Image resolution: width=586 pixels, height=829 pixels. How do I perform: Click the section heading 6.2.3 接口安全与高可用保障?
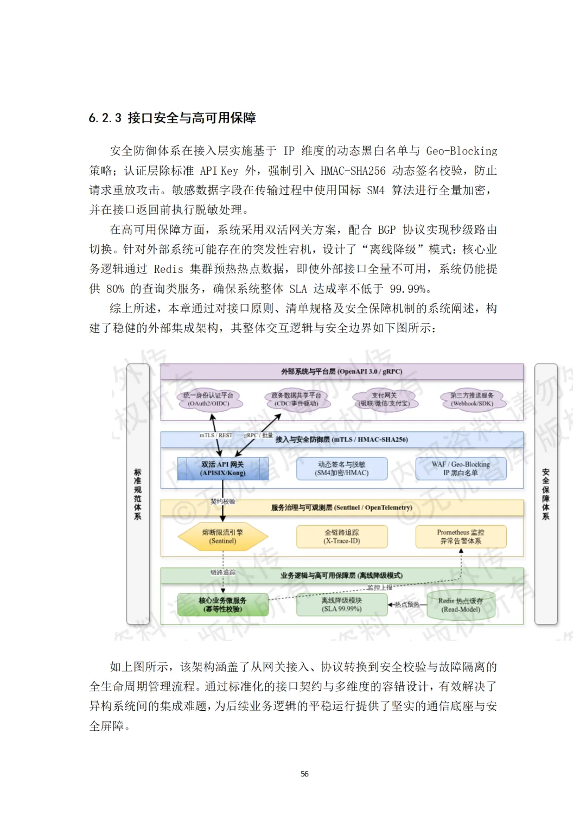(172, 118)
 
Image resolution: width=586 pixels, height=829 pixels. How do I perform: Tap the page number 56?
(304, 774)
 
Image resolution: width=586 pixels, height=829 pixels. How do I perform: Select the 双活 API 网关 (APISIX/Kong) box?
(223, 469)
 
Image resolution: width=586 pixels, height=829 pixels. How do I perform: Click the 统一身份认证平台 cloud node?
(209, 399)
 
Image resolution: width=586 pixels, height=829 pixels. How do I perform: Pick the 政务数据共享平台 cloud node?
(296, 399)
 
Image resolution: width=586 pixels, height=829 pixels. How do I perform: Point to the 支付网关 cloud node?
(384, 399)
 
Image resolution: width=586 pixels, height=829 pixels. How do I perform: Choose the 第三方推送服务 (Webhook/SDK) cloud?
(472, 399)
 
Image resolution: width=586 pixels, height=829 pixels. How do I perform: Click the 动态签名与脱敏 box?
(342, 469)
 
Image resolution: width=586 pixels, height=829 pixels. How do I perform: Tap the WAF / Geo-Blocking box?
(461, 469)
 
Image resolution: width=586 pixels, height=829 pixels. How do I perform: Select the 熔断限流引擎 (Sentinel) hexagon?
(223, 537)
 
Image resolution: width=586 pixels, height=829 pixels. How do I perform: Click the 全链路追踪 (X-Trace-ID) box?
(342, 537)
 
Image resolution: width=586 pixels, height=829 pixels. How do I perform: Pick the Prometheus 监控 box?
(461, 537)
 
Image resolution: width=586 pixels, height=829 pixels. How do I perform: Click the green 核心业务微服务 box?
(223, 604)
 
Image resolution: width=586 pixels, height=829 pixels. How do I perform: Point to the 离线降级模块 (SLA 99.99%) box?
(342, 604)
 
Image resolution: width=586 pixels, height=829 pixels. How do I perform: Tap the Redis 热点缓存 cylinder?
(461, 604)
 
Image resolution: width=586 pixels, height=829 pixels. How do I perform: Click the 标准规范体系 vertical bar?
(138, 494)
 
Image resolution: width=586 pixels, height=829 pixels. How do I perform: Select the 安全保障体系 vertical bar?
(546, 494)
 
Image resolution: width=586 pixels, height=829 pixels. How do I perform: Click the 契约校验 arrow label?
(223, 501)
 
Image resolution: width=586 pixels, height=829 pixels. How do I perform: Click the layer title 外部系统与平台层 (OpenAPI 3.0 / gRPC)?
(342, 372)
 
